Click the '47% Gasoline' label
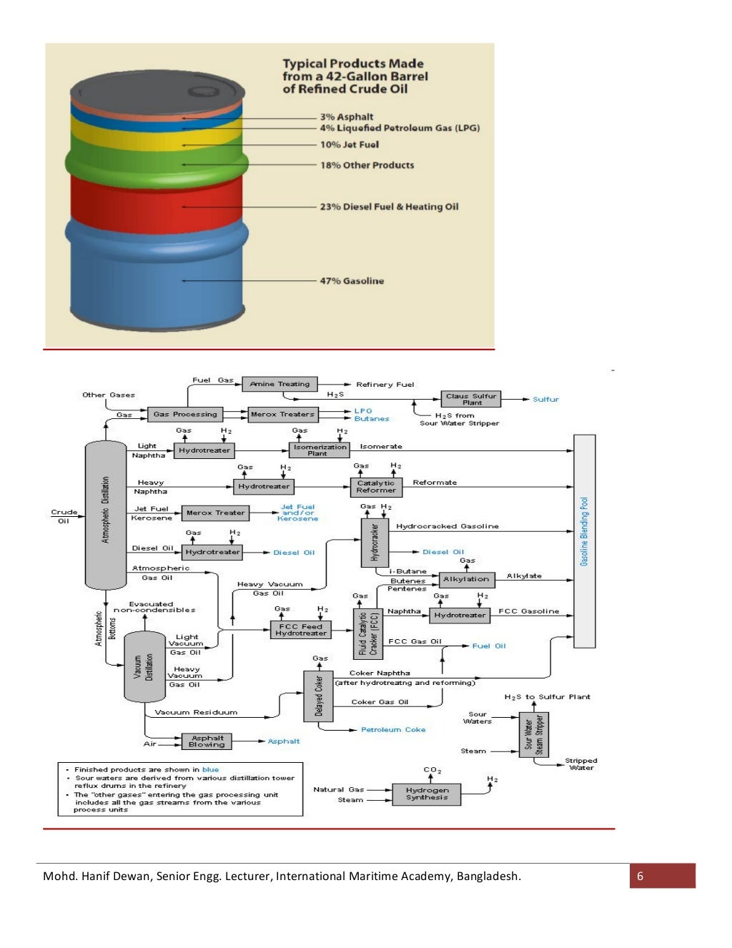pos(351,281)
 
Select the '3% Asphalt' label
pos(346,117)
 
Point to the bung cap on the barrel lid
pos(203,92)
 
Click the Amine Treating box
pos(280,384)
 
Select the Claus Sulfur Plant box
pos(470,399)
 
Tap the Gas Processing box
pos(185,414)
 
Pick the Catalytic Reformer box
pos(375,487)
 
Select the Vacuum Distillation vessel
pos(144,666)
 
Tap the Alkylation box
pos(466,579)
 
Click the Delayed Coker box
pos(318,696)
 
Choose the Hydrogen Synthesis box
pos(427,794)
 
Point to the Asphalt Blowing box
pos(206,741)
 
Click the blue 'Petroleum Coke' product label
pos(392,730)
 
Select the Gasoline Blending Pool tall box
pos(584,540)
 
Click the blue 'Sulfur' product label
pos(545,400)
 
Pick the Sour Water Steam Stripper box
pos(533,734)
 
